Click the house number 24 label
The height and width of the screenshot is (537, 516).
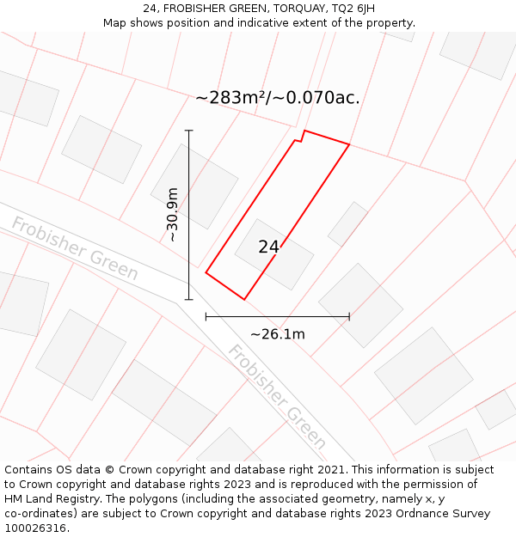(268, 247)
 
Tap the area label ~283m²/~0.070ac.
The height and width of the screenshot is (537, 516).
(277, 98)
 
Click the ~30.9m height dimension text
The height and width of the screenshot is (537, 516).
(172, 215)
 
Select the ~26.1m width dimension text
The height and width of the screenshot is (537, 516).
(277, 334)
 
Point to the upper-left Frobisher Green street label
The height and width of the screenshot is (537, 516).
(75, 248)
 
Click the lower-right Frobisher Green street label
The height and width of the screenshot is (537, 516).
(277, 396)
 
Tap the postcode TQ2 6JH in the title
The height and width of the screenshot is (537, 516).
(354, 8)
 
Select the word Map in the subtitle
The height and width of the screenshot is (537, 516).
(115, 23)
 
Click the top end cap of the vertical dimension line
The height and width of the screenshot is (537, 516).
(189, 131)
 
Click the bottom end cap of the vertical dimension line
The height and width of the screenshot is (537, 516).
(189, 300)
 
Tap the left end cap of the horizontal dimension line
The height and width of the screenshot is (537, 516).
(206, 316)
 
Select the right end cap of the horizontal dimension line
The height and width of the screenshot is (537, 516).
(349, 316)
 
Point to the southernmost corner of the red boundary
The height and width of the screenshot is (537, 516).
(244, 300)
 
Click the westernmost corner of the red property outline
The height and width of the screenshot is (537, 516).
(206, 272)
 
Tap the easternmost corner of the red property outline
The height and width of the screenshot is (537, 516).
(349, 144)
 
